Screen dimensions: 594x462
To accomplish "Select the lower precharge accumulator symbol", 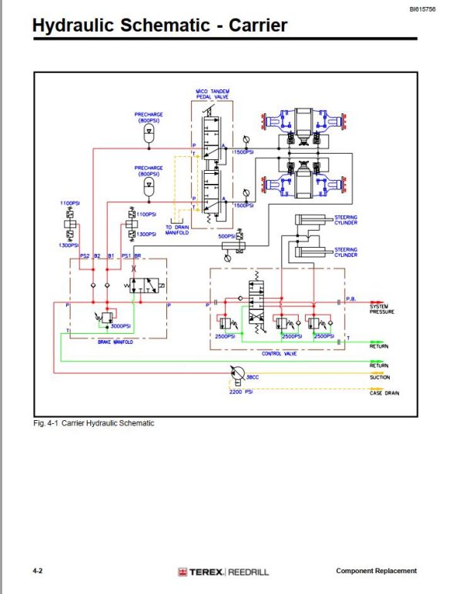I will tap(149, 188).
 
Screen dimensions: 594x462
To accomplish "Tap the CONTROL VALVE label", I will tap(279, 355).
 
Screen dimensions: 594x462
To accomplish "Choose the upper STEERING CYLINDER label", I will tap(346, 219).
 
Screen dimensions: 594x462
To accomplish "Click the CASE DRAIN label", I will tap(383, 394).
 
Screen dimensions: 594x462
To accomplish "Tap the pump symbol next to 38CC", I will tap(236, 375).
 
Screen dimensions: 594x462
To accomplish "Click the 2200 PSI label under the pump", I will tap(241, 392).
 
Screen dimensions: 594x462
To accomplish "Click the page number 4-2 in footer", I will tap(37, 571).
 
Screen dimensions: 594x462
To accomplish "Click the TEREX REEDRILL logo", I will tap(223, 572).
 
